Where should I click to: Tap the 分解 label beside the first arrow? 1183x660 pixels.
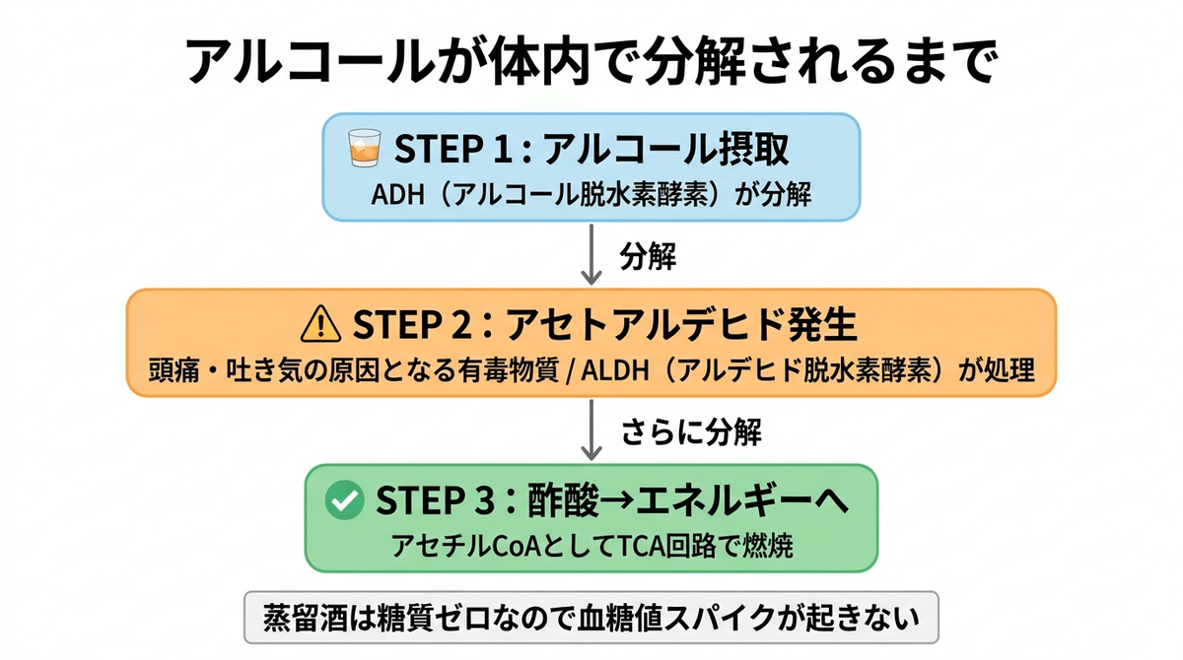[647, 256]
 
